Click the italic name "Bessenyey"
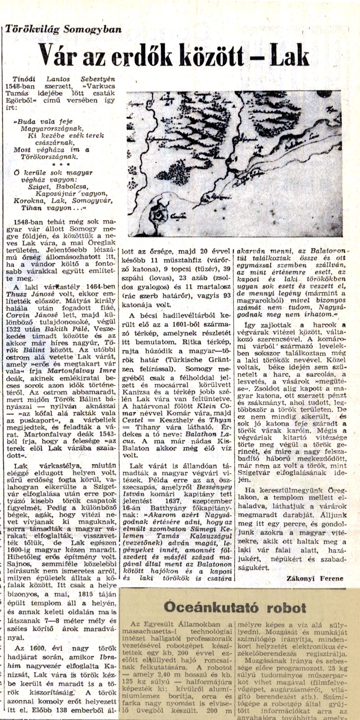pos(215,487)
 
